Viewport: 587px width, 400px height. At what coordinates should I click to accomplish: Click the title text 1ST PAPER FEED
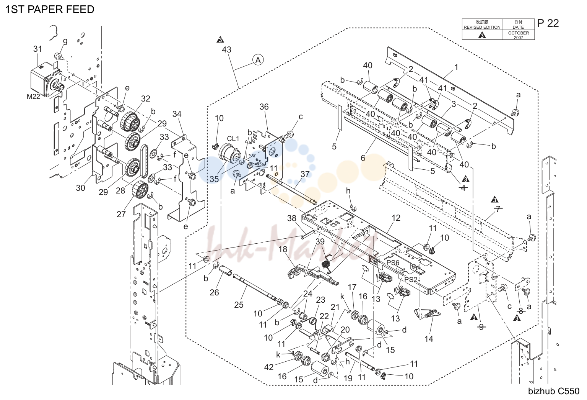(50, 10)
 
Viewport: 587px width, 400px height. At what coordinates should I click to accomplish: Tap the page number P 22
(548, 23)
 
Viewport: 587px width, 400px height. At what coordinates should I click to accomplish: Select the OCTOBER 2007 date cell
(518, 35)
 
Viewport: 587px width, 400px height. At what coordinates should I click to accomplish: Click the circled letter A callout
(258, 60)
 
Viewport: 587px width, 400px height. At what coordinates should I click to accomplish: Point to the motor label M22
(33, 97)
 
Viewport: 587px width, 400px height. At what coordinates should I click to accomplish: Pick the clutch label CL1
(233, 139)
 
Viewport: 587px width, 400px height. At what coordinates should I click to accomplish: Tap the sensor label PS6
(393, 263)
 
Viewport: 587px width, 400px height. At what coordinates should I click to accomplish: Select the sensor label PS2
(411, 279)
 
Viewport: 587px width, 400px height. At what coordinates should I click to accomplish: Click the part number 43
(226, 50)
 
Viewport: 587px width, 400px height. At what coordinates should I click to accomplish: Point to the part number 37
(305, 174)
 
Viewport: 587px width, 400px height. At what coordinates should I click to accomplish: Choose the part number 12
(396, 218)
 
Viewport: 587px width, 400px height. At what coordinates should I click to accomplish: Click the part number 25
(239, 305)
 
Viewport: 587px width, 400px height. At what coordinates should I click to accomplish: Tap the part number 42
(269, 367)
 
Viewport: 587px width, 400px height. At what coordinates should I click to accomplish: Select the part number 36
(264, 107)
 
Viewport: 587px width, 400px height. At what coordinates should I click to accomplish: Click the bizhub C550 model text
(554, 391)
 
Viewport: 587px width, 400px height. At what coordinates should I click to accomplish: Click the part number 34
(177, 114)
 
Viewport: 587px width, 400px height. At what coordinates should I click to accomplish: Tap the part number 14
(429, 339)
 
